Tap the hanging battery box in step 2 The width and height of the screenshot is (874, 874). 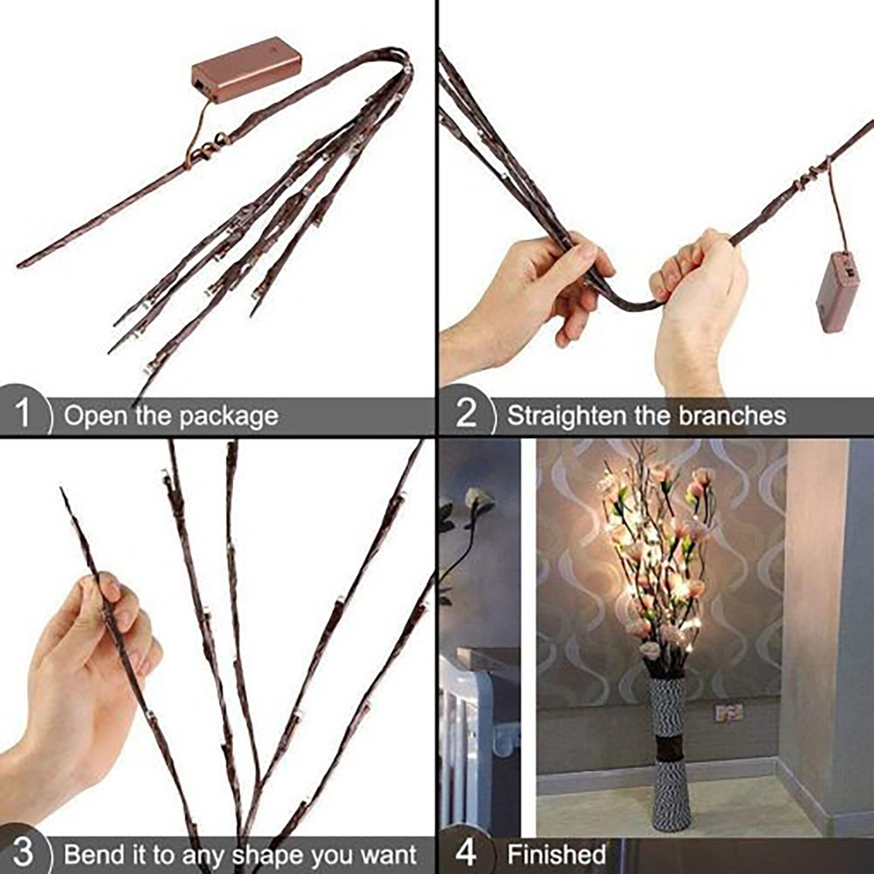click(837, 293)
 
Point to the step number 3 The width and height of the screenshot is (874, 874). click(22, 852)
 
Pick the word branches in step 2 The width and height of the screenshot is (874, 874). click(732, 416)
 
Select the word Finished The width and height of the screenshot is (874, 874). click(556, 854)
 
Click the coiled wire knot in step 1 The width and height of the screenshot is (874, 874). click(210, 146)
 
